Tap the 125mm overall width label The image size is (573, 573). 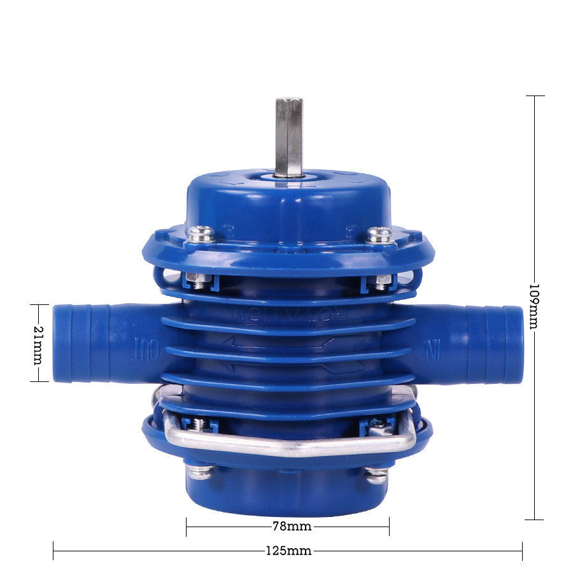click(x=288, y=551)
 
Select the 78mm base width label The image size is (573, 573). click(x=288, y=527)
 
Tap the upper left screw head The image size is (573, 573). click(x=201, y=234)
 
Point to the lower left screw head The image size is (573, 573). click(x=201, y=472)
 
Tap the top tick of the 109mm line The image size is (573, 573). click(x=535, y=95)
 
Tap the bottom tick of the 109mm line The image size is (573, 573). click(x=535, y=520)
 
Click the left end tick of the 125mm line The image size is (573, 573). click(x=53, y=551)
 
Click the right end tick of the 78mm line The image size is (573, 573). click(x=389, y=527)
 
